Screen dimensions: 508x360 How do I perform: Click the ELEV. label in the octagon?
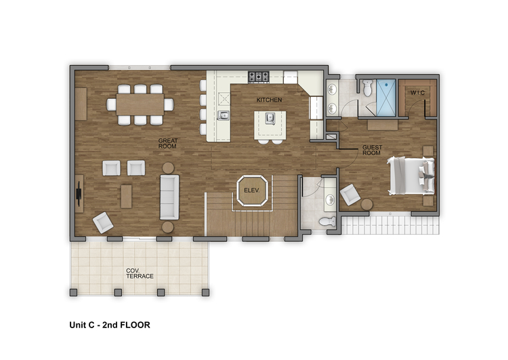(252, 191)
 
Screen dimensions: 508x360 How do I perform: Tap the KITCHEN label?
(269, 100)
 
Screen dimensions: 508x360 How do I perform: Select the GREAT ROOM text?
(168, 143)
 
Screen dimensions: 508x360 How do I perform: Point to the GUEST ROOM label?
(372, 150)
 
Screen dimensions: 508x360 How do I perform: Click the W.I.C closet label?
(418, 93)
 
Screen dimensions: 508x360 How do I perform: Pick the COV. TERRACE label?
(140, 273)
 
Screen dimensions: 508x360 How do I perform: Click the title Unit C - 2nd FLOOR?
(110, 325)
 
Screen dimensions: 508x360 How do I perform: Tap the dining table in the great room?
(140, 104)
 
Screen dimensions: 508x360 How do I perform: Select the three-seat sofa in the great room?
(169, 197)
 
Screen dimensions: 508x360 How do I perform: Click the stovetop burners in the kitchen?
(259, 77)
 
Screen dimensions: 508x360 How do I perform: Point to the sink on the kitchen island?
(270, 119)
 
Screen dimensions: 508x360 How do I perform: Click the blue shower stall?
(386, 98)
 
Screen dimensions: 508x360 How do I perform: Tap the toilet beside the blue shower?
(367, 88)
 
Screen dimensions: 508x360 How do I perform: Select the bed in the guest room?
(411, 176)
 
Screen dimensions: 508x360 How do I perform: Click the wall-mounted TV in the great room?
(79, 194)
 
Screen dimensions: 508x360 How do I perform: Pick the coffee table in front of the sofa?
(127, 197)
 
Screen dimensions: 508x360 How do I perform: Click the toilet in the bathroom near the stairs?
(328, 222)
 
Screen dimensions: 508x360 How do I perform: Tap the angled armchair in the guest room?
(350, 195)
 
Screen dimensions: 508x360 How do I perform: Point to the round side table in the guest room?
(366, 204)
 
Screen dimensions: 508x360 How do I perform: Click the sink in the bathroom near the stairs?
(330, 199)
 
